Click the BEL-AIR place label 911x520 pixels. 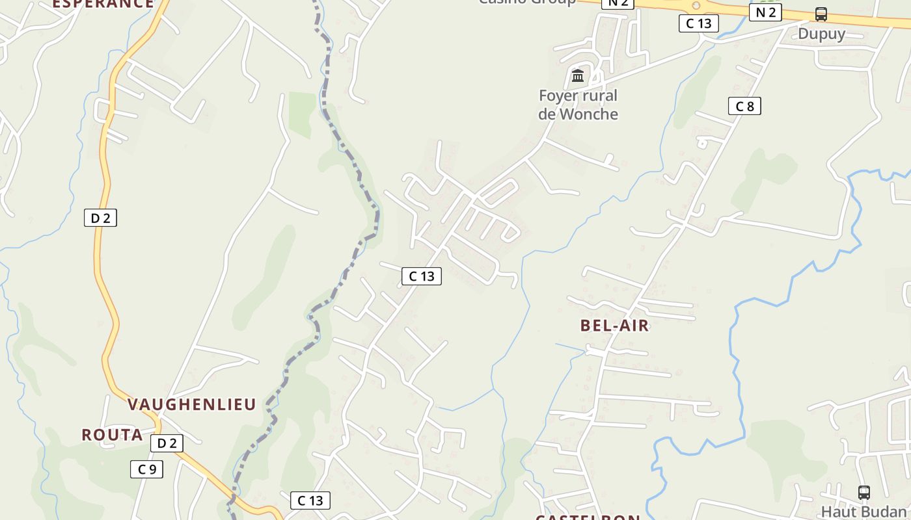point(614,326)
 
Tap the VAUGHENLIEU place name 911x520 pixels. point(191,404)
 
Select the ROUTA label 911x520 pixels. point(112,435)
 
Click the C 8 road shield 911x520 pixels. point(744,106)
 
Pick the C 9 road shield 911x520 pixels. point(146,469)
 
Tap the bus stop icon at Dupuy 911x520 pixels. point(821,14)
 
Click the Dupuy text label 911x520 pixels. point(821,34)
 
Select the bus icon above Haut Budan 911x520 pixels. point(864,493)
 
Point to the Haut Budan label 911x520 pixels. point(863,512)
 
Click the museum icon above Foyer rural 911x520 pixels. point(578,76)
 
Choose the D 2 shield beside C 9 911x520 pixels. point(167,443)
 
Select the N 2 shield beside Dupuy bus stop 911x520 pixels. point(765,12)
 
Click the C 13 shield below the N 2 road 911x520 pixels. point(699,23)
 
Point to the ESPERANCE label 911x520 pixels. point(103,4)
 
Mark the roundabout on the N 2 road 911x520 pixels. point(696,5)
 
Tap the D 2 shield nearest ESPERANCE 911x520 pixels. point(100,218)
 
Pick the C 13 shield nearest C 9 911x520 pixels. point(310,500)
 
